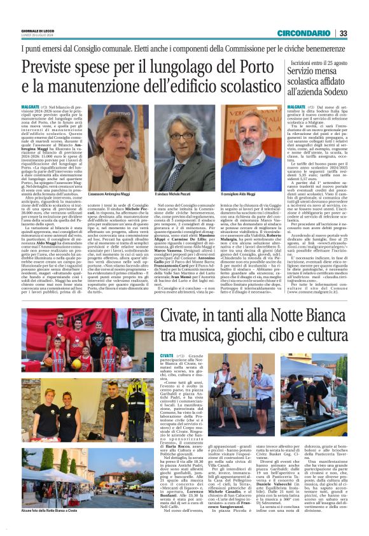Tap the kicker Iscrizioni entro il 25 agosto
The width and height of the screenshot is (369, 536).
tap(318, 64)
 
